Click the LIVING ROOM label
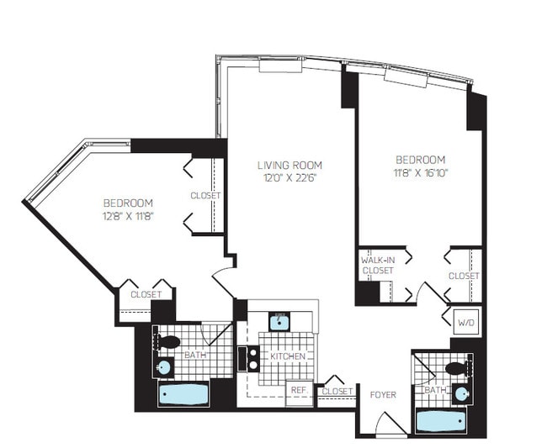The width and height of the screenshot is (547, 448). pyautogui.click(x=289, y=165)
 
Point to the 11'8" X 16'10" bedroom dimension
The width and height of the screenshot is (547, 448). pyautogui.click(x=421, y=173)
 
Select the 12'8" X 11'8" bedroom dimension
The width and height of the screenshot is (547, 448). pyautogui.click(x=129, y=216)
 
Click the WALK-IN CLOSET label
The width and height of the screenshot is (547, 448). pyautogui.click(x=378, y=265)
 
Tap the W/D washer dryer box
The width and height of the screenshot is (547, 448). pyautogui.click(x=466, y=323)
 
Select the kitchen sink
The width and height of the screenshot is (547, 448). pyautogui.click(x=279, y=321)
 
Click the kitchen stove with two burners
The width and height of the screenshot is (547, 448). pyautogui.click(x=249, y=358)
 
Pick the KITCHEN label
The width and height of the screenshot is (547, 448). pyautogui.click(x=288, y=356)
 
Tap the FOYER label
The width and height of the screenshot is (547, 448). pyautogui.click(x=383, y=395)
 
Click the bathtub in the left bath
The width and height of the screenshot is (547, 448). pyautogui.click(x=183, y=394)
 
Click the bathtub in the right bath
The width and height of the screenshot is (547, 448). pyautogui.click(x=441, y=420)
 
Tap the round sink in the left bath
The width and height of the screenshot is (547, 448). pyautogui.click(x=163, y=367)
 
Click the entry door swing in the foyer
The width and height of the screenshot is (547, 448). pyautogui.click(x=390, y=424)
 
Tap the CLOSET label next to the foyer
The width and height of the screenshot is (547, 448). pyautogui.click(x=337, y=391)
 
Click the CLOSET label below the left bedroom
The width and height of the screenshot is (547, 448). pyautogui.click(x=146, y=294)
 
